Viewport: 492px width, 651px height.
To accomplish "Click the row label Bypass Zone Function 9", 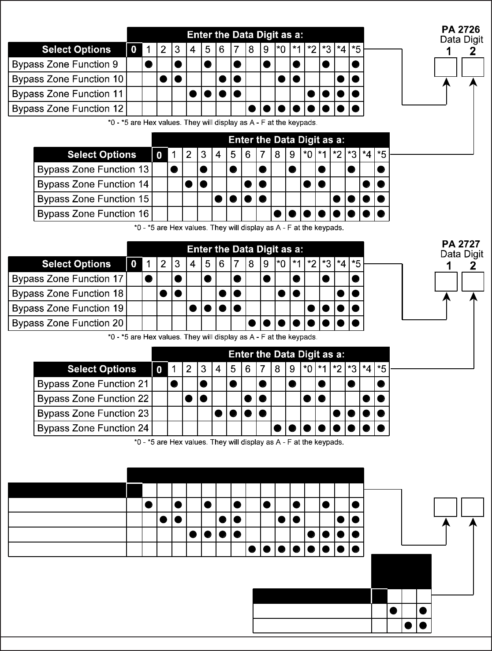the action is [65, 64].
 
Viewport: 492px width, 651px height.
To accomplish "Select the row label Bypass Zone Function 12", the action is [68, 108].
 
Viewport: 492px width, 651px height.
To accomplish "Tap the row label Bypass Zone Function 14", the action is [93, 184].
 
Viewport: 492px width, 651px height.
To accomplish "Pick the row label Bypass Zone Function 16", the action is [93, 214].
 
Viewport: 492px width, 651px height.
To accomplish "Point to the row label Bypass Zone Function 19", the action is [68, 308].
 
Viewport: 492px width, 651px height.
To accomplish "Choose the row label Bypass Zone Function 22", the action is [93, 399].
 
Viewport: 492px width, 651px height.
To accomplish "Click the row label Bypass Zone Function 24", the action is [93, 428].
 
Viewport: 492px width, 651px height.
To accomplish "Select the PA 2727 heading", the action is [461, 244].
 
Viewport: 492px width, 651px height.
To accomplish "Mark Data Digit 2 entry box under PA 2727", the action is [473, 282].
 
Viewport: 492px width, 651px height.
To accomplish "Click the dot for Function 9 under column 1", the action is [149, 64].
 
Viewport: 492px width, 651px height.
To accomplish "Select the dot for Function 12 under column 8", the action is [252, 108].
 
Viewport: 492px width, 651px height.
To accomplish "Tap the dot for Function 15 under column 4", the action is [218, 199].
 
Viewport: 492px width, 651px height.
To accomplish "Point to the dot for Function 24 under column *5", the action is [381, 428].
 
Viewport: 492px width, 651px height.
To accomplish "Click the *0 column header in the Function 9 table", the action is [281, 49].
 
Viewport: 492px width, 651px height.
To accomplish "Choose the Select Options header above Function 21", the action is [102, 369].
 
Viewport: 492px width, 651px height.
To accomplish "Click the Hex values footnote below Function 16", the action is [239, 228].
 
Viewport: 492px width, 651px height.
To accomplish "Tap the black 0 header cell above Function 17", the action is [134, 264].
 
